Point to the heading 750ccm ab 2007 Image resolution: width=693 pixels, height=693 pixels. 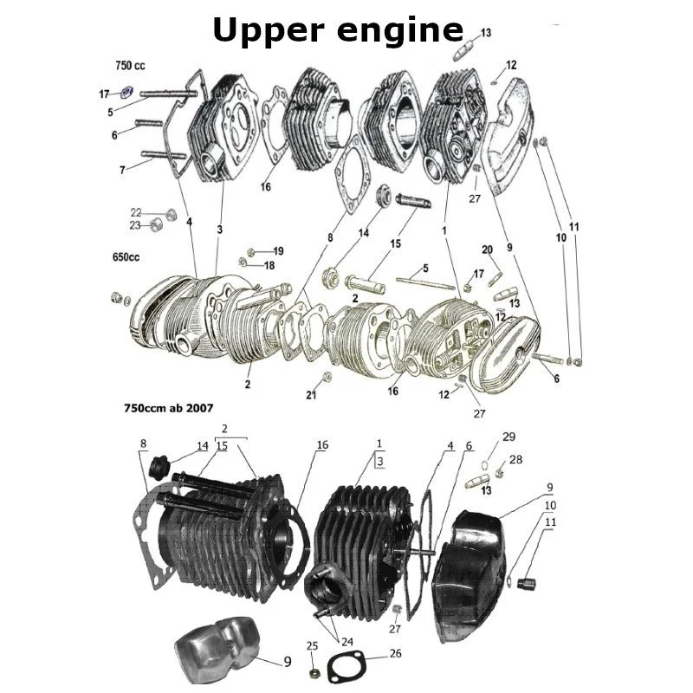169,407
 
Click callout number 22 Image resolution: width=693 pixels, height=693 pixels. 136,212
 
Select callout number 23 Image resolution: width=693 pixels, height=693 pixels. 136,225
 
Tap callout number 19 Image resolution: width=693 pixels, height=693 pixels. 278,251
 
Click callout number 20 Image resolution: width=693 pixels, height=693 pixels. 487,249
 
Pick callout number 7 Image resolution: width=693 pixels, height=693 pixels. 122,170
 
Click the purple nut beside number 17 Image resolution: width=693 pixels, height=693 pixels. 125,93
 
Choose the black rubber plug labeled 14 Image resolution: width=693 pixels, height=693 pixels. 160,468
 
